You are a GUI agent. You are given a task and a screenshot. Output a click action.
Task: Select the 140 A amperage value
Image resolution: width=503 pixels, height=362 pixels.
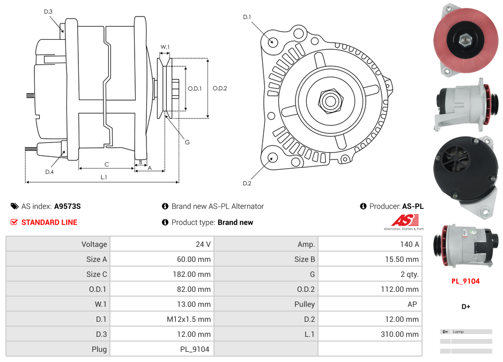(409, 244)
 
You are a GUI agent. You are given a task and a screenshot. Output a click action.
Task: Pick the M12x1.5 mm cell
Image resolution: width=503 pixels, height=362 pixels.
(188, 319)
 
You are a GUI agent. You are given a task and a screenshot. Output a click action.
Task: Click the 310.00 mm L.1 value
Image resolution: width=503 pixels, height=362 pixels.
(398, 334)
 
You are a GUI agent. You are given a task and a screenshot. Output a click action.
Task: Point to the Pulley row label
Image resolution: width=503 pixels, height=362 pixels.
(305, 304)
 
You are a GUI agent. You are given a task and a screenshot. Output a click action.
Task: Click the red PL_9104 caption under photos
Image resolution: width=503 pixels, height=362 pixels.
(465, 281)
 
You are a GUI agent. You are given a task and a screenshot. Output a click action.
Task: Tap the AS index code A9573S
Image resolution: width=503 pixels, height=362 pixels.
(67, 206)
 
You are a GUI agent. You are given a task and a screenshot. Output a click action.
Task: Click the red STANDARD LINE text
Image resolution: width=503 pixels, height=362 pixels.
(49, 222)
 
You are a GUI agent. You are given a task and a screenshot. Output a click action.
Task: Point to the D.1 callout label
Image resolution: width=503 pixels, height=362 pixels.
(247, 17)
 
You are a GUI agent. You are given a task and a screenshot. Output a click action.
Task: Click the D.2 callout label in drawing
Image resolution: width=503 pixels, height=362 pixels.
(247, 184)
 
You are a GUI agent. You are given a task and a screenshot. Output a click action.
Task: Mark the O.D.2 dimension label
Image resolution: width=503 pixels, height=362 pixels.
(219, 88)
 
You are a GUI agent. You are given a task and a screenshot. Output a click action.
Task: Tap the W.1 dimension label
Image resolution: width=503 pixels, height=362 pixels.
(165, 47)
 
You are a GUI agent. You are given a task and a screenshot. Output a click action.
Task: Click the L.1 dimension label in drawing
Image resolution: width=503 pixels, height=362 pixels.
(103, 177)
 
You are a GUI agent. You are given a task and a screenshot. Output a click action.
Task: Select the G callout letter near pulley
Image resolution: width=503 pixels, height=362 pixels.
(187, 142)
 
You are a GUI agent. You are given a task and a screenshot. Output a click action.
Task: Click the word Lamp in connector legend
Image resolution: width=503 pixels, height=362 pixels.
(458, 332)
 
